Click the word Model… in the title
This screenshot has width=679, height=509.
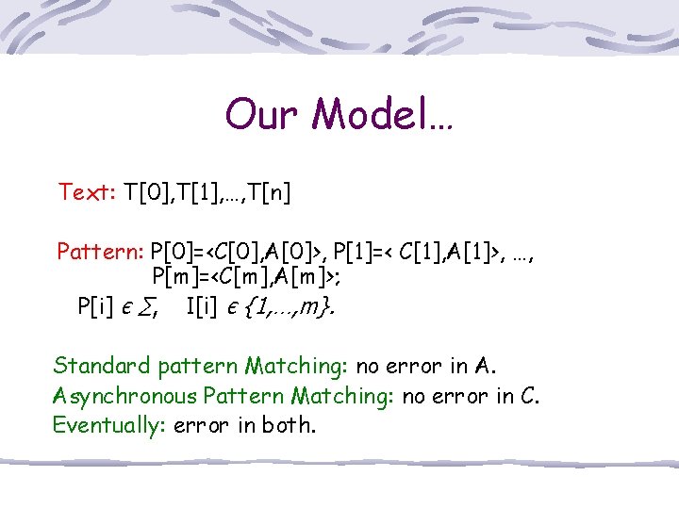pos(383,114)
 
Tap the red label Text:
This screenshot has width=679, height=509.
pos(87,193)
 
